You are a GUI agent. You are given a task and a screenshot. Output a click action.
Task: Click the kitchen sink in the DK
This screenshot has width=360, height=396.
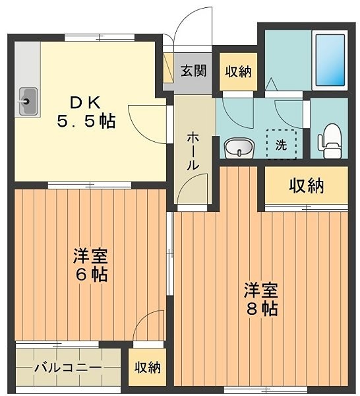coord(28,102)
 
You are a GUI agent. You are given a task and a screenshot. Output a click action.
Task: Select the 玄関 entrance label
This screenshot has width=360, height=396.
coord(194,71)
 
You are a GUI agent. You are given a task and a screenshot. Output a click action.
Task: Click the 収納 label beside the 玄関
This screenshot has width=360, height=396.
coord(237,71)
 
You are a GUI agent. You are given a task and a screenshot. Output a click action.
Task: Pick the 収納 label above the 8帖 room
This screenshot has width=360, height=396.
coord(306,187)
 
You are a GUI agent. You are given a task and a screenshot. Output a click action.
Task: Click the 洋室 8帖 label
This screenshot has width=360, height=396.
coord(262,298)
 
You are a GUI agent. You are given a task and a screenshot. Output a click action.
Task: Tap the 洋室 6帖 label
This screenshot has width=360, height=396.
coord(90,264)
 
